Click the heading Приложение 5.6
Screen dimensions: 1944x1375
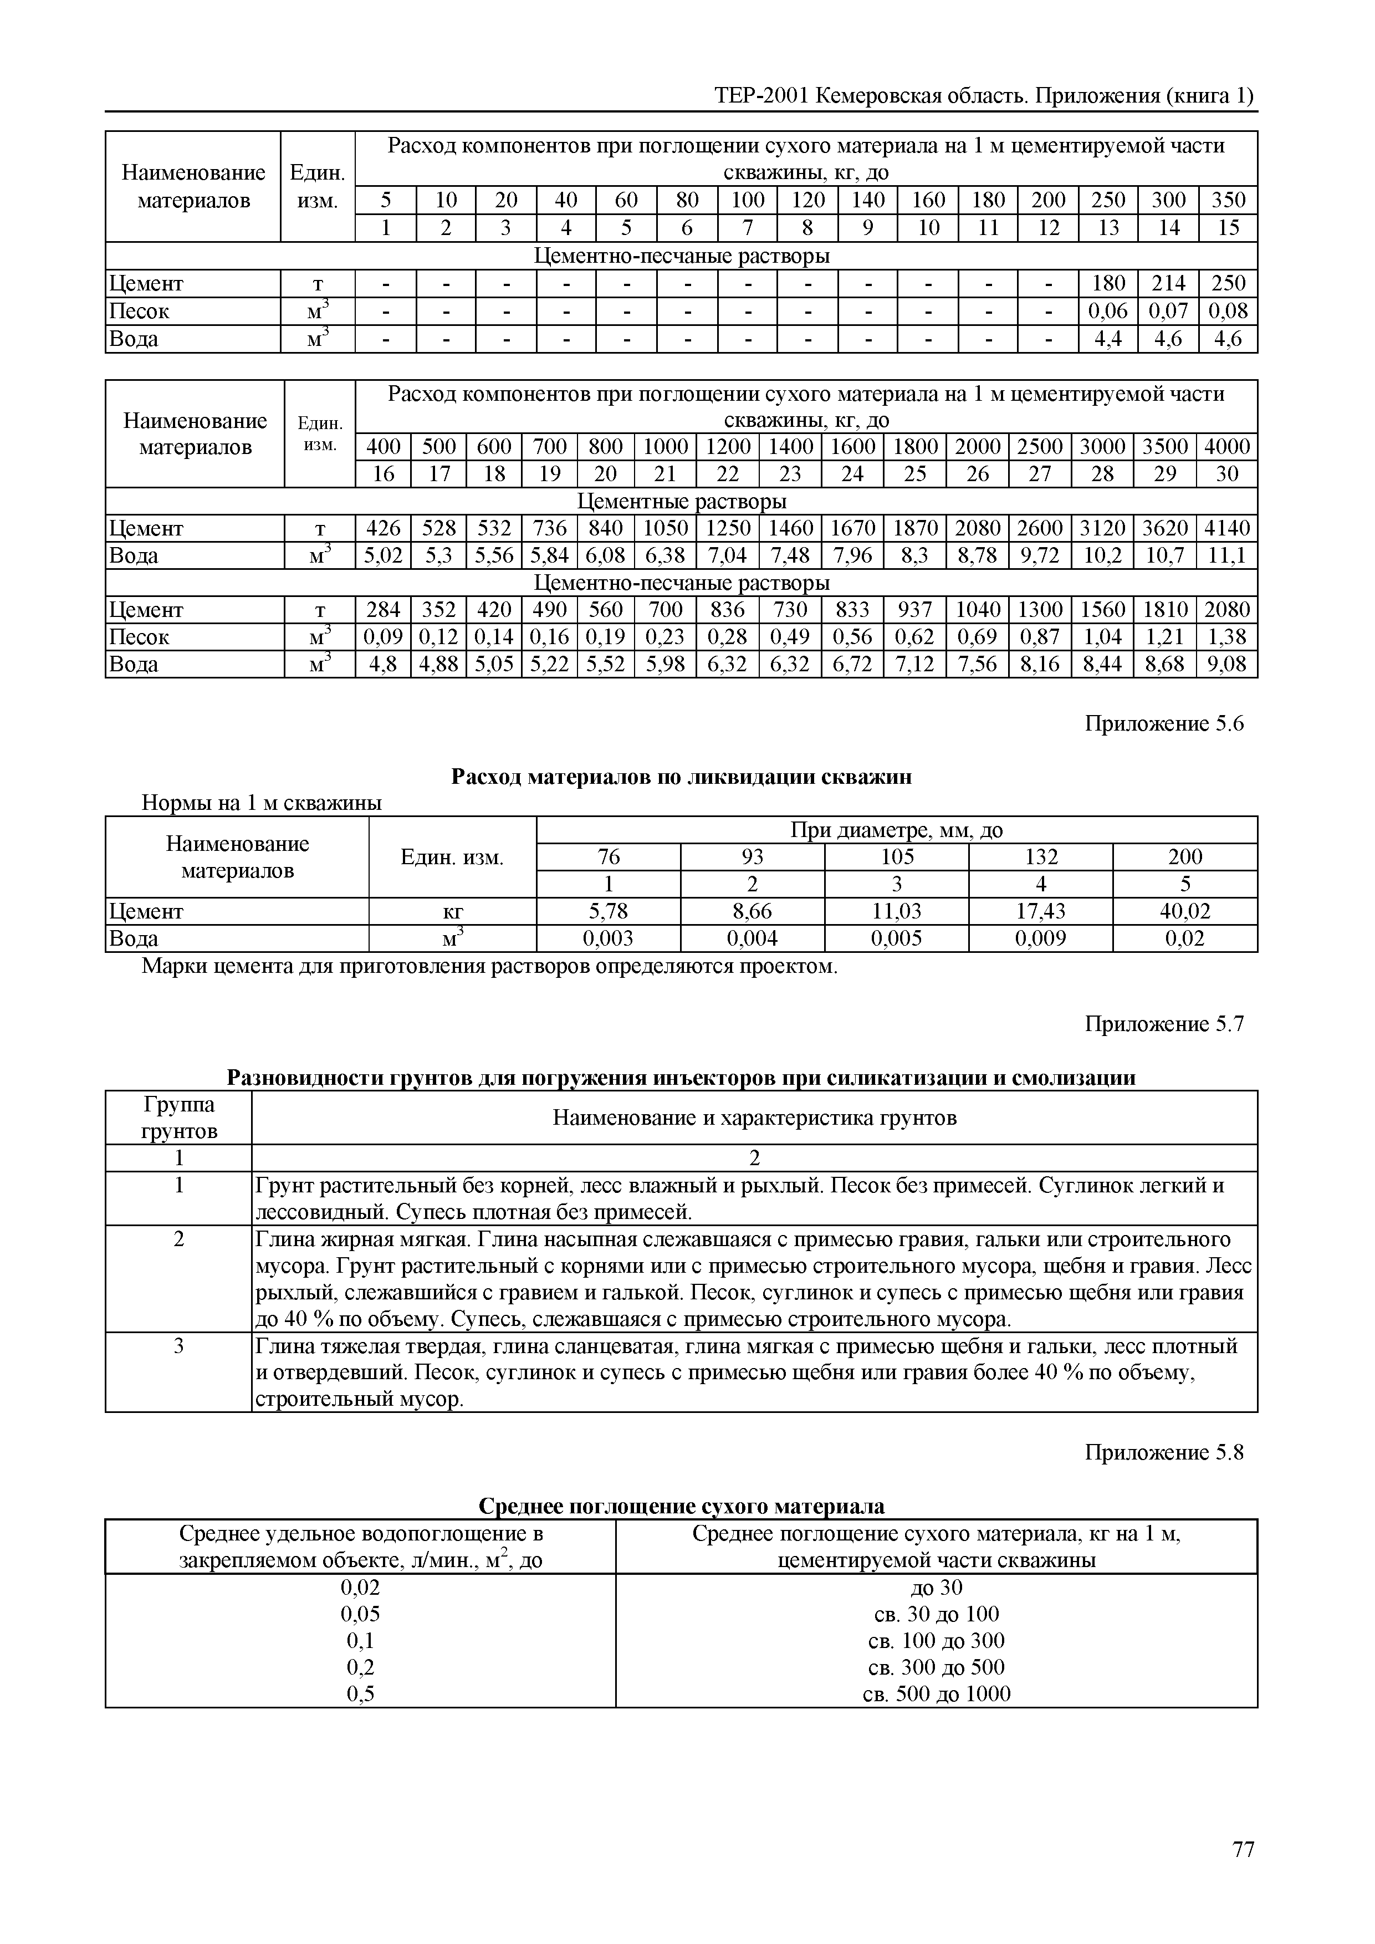(x=1164, y=724)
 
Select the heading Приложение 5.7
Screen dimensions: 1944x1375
(x=1164, y=1024)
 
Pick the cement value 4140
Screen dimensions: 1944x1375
(x=1227, y=528)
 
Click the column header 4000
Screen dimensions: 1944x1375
(x=1227, y=447)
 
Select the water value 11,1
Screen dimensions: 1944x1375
(x=1227, y=555)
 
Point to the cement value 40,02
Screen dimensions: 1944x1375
(x=1184, y=911)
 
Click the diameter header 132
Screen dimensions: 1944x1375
(x=1041, y=857)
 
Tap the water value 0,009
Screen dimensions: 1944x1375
(x=1041, y=938)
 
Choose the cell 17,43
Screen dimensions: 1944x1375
(x=1041, y=911)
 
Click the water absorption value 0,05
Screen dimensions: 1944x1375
(x=360, y=1614)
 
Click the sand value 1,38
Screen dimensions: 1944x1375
(x=1227, y=637)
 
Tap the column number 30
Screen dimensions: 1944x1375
(x=1227, y=474)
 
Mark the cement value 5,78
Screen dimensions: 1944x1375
(x=608, y=911)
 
